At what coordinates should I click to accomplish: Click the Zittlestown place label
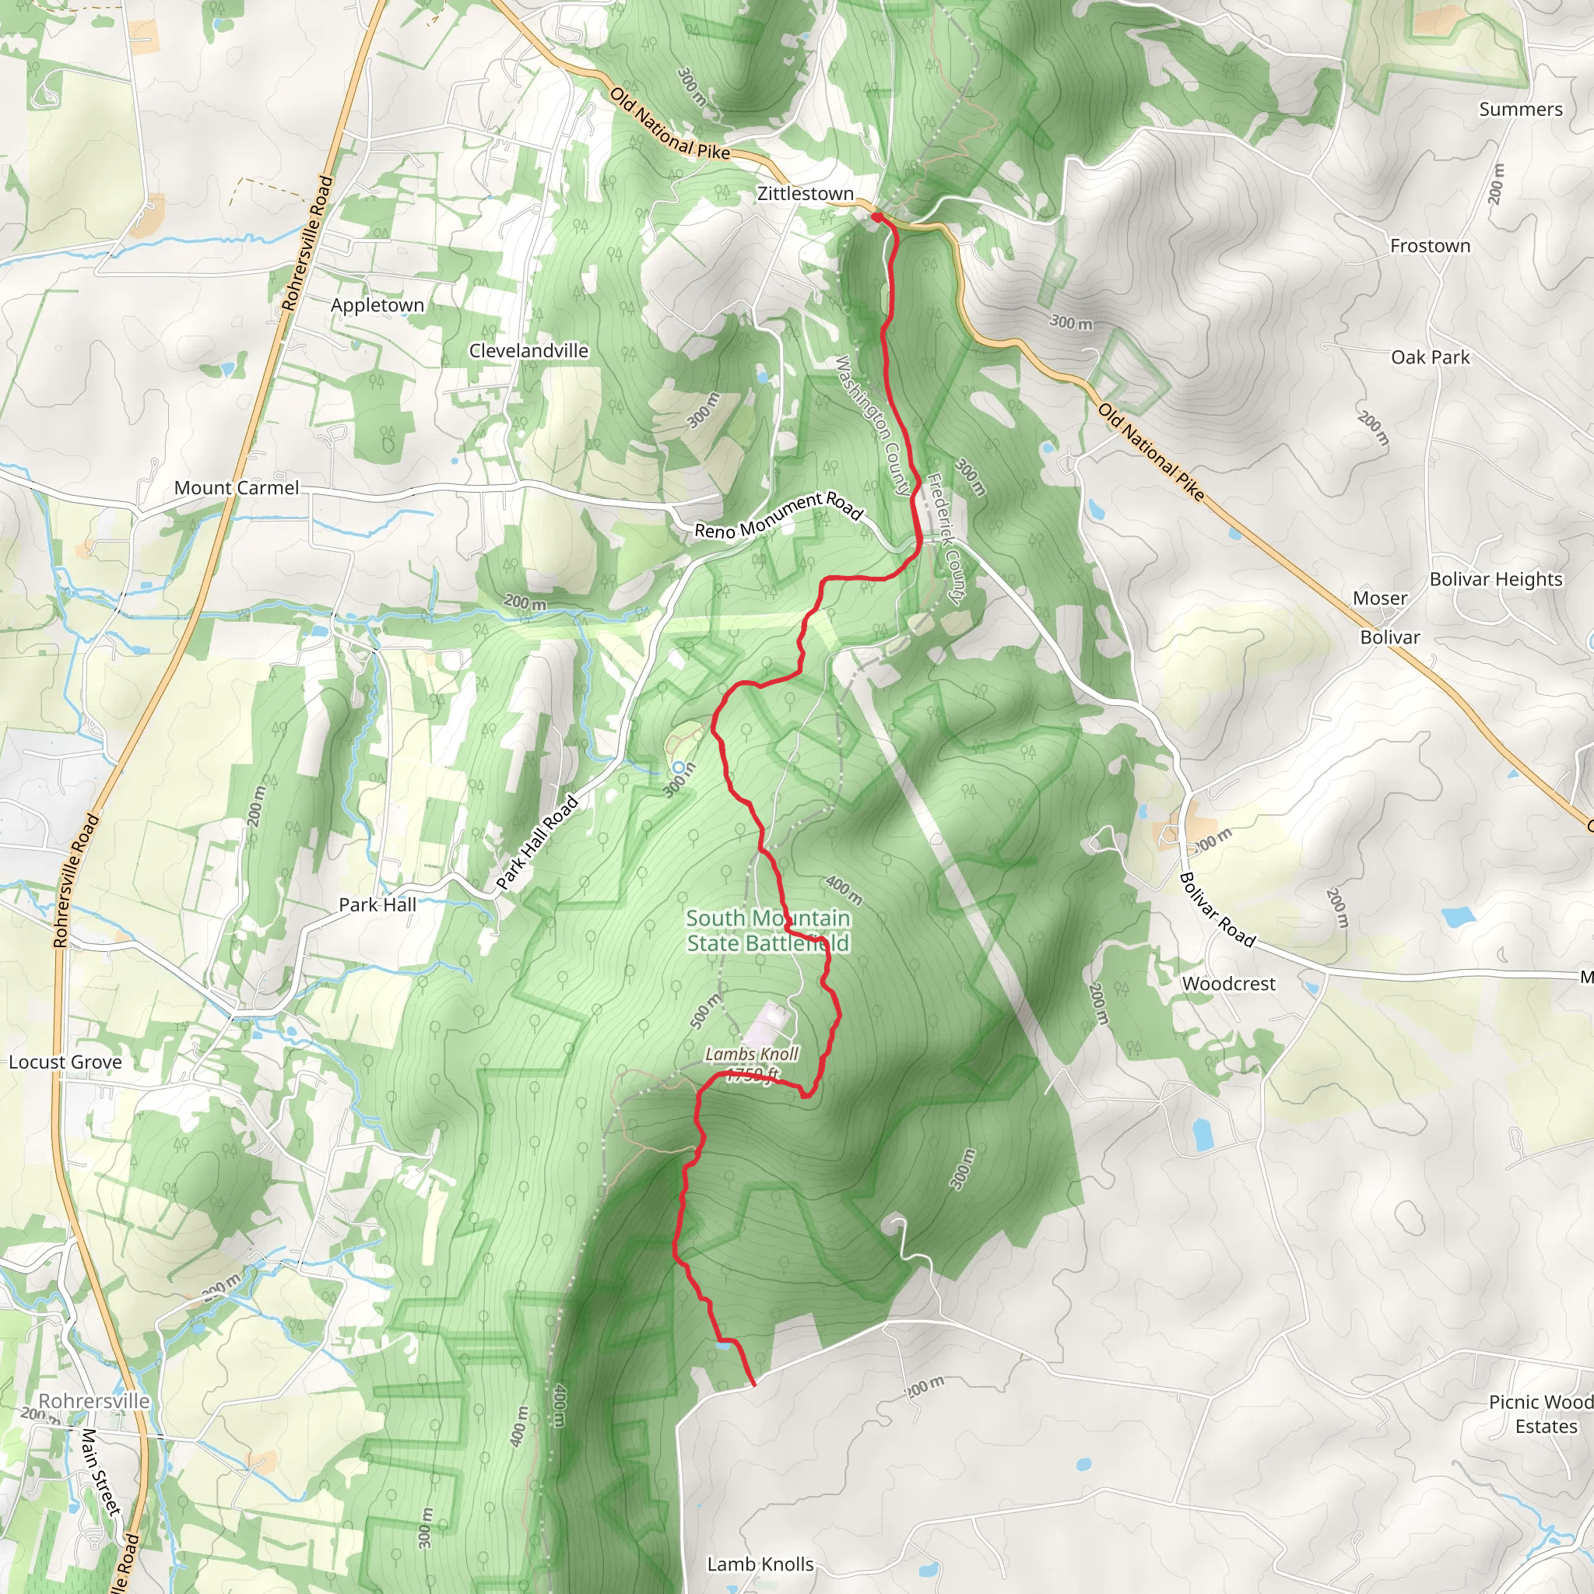[x=806, y=194]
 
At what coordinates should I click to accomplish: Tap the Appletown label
[x=377, y=305]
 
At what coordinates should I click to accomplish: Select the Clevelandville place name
[x=528, y=351]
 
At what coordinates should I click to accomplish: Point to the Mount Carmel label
[x=236, y=487]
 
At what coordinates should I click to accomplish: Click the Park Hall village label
[x=377, y=904]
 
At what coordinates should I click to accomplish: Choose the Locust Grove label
[x=65, y=1062]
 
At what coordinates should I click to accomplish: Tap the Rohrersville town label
[x=94, y=1401]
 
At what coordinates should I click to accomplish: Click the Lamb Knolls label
[x=760, y=1564]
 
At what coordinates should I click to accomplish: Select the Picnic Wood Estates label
[x=1540, y=1414]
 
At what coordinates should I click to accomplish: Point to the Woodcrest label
[x=1227, y=984]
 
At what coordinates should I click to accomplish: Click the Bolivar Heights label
[x=1495, y=579]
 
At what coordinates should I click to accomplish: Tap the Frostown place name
[x=1430, y=246]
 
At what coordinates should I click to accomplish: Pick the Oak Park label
[x=1430, y=357]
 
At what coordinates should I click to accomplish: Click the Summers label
[x=1520, y=110]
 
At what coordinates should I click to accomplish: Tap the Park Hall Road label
[x=537, y=842]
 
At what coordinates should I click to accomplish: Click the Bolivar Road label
[x=1217, y=910]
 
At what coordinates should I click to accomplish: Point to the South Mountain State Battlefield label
[x=767, y=931]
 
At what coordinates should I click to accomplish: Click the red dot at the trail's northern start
[x=877, y=217]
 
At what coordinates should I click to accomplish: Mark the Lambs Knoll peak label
[x=751, y=1055]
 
